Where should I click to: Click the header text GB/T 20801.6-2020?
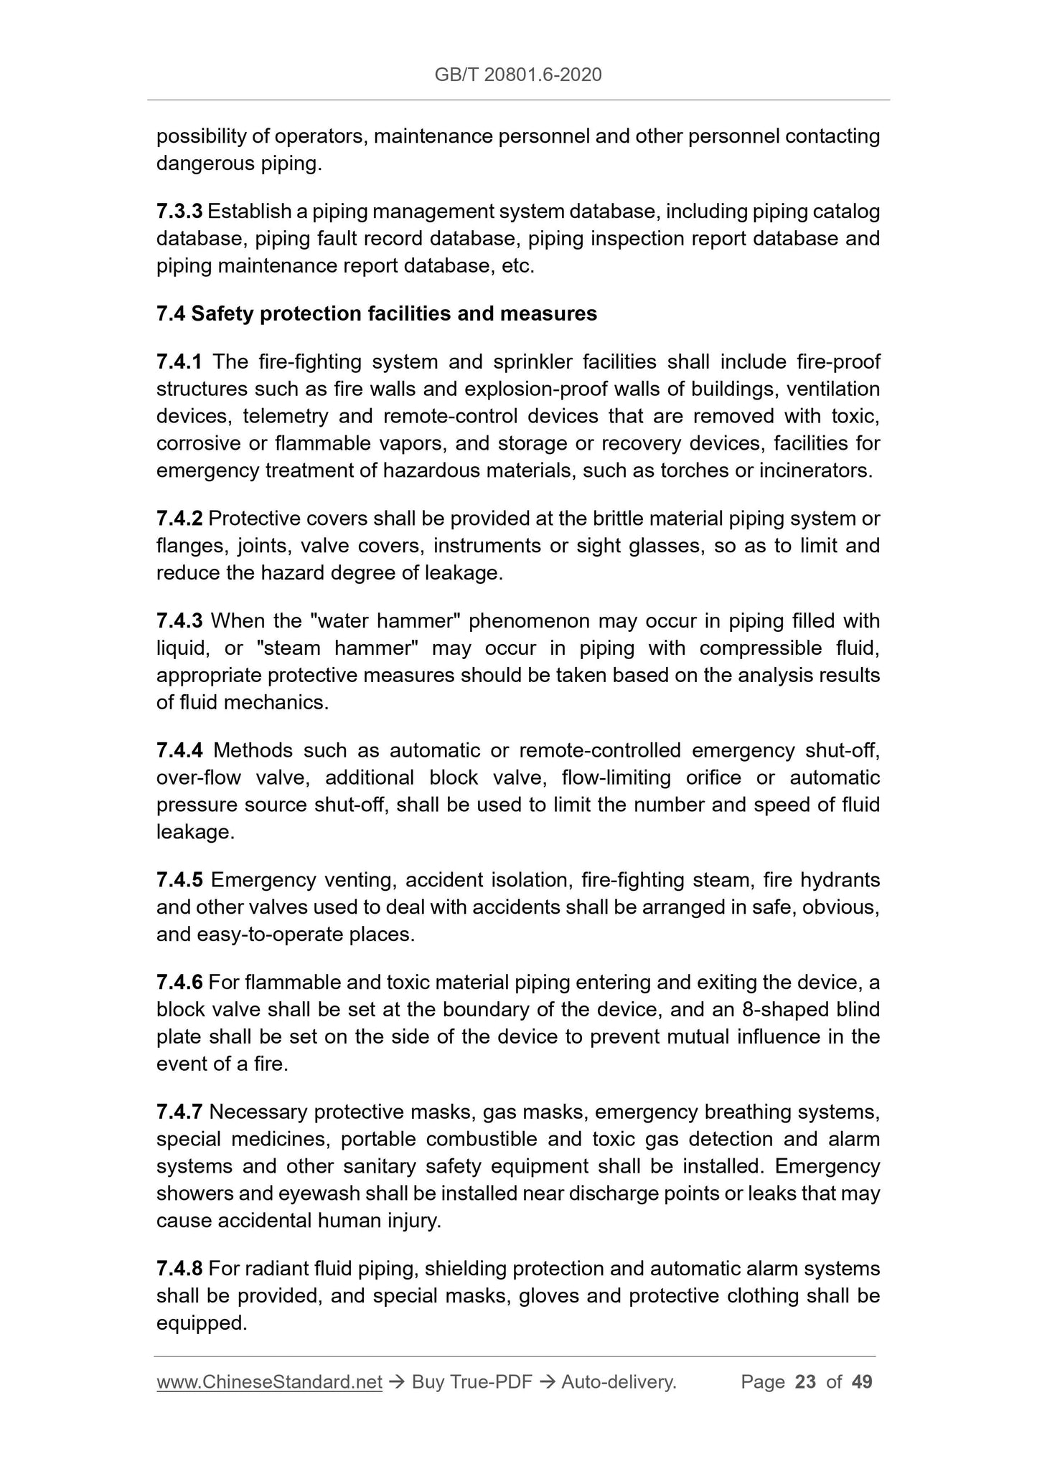[517, 75]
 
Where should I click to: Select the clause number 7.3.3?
[179, 212]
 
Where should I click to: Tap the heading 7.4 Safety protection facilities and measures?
[376, 314]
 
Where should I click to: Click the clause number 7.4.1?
[179, 362]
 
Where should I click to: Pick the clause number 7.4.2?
[179, 519]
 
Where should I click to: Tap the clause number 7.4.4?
[179, 751]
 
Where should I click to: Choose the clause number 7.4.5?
[179, 880]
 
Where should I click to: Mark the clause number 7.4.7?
[179, 1112]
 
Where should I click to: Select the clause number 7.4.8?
[179, 1269]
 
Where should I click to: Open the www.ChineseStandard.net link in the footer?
[269, 1382]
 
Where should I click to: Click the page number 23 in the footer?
[805, 1382]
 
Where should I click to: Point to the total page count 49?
[862, 1382]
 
